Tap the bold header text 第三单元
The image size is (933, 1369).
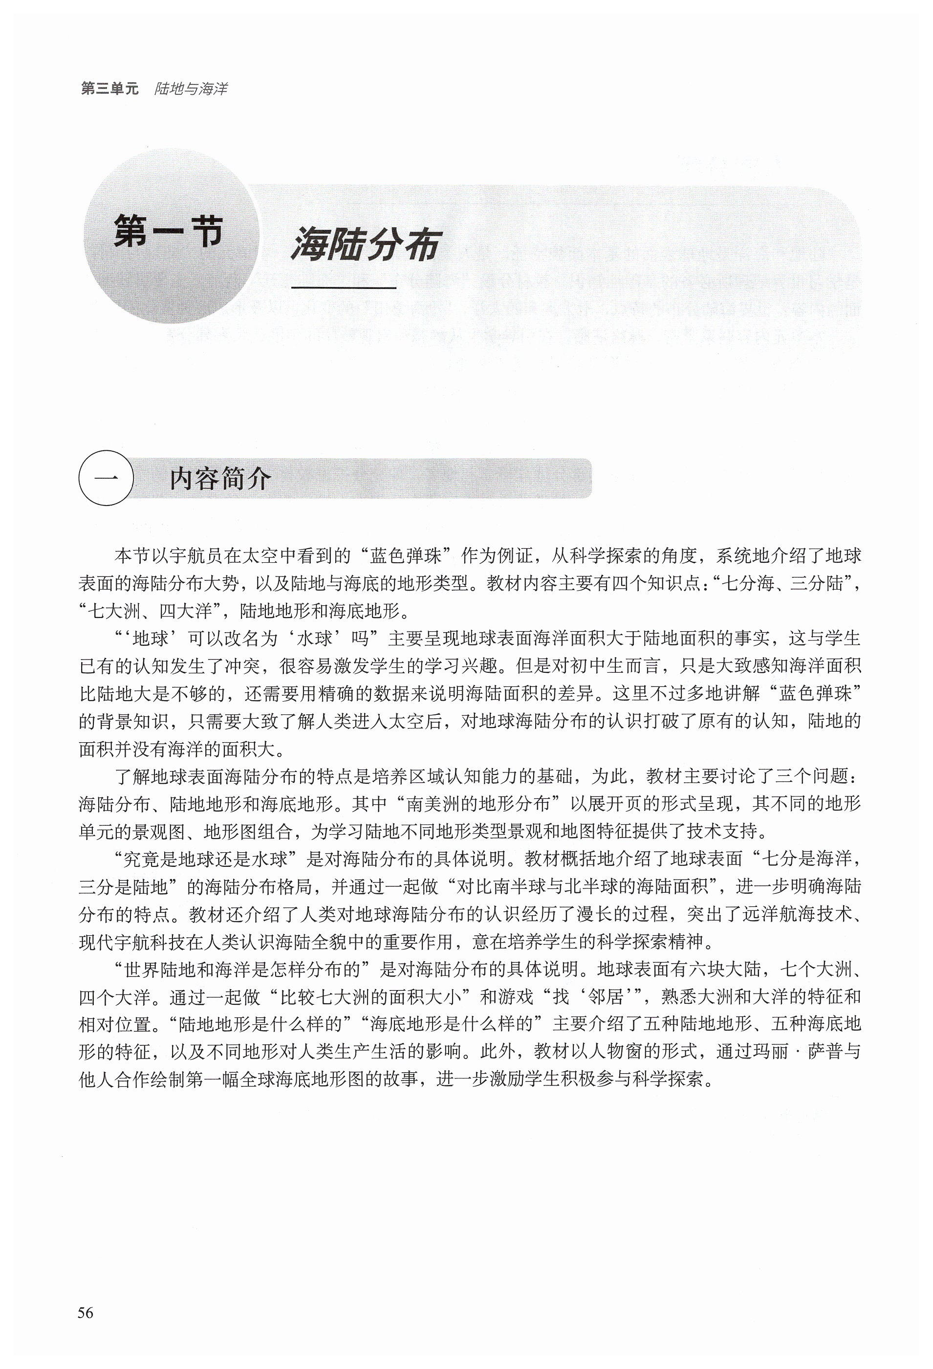coord(109,89)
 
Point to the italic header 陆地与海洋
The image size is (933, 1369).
coord(190,89)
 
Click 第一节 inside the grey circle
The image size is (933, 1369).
coord(169,231)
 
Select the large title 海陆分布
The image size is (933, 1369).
coord(366,244)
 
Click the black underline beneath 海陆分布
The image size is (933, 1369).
coord(344,287)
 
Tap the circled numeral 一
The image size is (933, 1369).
coord(106,478)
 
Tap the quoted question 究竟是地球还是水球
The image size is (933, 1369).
coord(204,859)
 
